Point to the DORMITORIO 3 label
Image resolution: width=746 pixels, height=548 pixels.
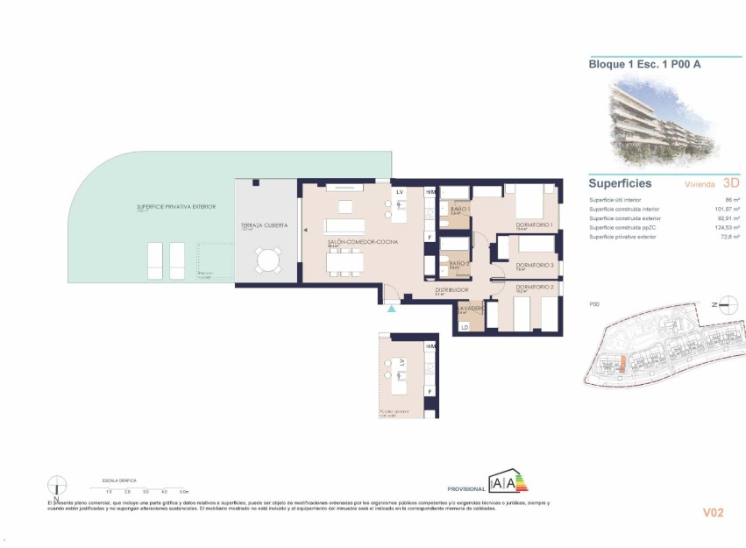pos(533,265)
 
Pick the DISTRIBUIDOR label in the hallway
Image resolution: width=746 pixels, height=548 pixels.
pos(451,288)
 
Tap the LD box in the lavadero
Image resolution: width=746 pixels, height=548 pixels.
pos(465,327)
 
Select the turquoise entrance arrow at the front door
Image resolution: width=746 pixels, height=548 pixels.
pos(391,308)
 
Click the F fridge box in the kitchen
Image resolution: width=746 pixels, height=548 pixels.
pos(430,237)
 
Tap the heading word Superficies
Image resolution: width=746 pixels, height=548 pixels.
pos(620,184)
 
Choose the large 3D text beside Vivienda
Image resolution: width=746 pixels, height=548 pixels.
pos(731,184)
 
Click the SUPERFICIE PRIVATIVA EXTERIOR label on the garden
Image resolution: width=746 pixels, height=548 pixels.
pos(175,207)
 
